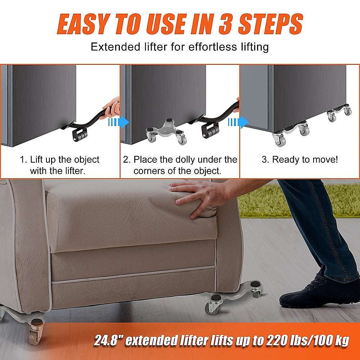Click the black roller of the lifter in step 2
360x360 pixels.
pos(209,130)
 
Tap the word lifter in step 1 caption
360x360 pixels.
pos(73,171)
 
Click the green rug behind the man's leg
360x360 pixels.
pos(259,200)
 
